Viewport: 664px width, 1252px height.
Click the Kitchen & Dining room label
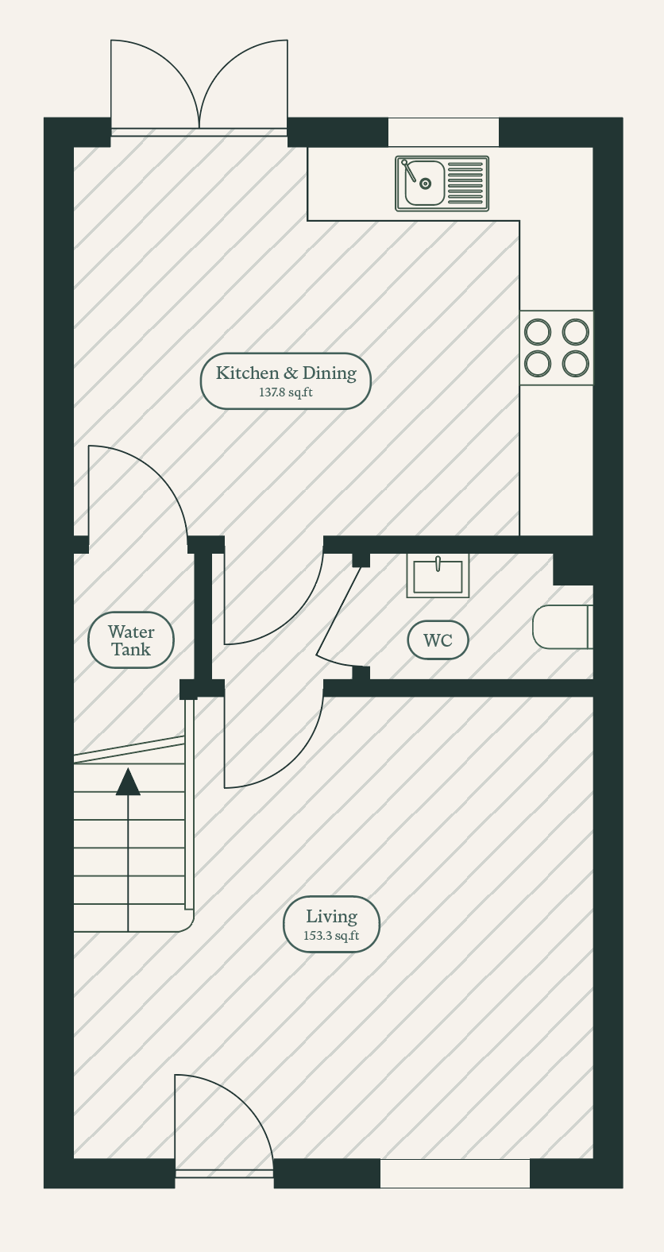click(286, 373)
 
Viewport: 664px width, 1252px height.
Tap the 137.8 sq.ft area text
click(286, 392)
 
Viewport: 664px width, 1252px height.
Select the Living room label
click(331, 916)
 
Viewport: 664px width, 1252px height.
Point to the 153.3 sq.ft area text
click(331, 936)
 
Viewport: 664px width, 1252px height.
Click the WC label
click(438, 640)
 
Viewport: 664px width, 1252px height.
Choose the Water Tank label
click(131, 640)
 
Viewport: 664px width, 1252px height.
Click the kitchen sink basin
click(424, 183)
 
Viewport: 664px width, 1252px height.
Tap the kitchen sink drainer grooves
click(465, 184)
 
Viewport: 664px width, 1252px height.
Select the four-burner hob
click(557, 347)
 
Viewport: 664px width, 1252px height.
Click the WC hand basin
click(438, 576)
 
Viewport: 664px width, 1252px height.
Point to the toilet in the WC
click(562, 627)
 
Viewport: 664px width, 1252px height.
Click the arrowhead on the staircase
click(128, 782)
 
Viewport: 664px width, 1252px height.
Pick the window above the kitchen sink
click(443, 132)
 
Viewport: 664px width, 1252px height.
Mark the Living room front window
click(455, 1173)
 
